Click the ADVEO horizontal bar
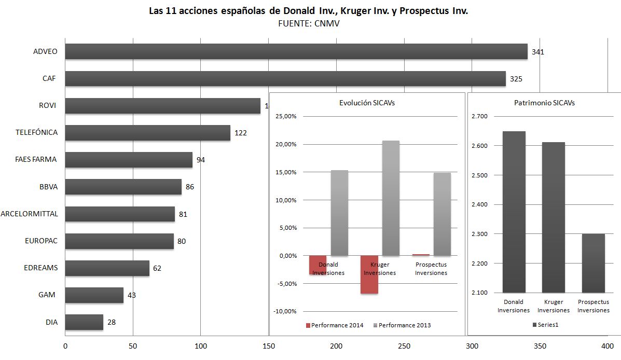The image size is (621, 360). (296, 51)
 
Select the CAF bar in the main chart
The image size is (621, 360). (285, 79)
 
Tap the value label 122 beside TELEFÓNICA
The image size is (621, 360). (241, 133)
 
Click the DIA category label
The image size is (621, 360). (51, 322)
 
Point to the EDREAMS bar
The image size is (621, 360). (107, 268)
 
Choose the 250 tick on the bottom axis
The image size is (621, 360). (404, 346)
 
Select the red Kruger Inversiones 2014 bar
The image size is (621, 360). (369, 274)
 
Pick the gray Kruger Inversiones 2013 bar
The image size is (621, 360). (391, 198)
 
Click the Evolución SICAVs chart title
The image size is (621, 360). (366, 103)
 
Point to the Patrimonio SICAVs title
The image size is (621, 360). (544, 103)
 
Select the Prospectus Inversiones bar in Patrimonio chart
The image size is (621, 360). (594, 263)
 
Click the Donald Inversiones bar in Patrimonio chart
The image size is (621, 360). (514, 212)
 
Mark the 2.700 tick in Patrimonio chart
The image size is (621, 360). (480, 116)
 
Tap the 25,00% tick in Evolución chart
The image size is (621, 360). (286, 116)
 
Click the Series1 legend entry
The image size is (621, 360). (549, 325)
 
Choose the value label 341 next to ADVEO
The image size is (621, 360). (538, 52)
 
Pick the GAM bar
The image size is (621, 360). (94, 295)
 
